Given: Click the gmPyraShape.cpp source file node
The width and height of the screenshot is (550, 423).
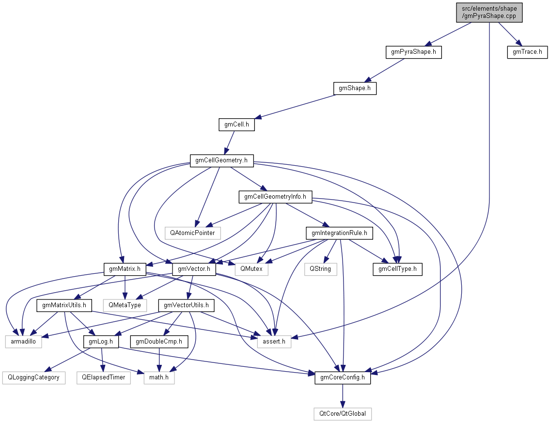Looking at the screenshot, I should (489, 12).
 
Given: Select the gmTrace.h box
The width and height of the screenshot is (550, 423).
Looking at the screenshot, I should (527, 51).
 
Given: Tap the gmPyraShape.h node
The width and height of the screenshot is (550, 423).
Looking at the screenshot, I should (413, 51).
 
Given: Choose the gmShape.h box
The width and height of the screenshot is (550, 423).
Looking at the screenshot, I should (355, 88).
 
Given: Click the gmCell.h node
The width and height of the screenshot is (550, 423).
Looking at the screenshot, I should (236, 125).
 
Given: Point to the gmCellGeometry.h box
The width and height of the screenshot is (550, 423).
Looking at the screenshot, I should (221, 160).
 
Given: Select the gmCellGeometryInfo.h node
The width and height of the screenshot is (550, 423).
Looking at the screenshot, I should (275, 197).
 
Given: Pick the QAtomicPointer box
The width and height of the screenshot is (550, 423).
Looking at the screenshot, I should (192, 233).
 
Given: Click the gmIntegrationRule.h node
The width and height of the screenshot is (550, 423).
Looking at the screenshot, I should (339, 233).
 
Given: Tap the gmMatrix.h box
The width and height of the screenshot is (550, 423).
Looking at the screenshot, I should (125, 268).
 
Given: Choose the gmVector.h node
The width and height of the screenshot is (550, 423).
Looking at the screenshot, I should (194, 268).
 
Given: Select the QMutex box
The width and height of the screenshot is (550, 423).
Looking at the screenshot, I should (251, 268).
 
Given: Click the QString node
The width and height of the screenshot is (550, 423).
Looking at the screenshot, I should (321, 268).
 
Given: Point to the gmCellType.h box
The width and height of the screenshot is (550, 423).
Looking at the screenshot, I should (397, 268).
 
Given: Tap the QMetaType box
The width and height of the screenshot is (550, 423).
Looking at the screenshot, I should (125, 305).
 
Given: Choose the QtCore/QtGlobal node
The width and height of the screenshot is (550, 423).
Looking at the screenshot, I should (343, 414).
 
